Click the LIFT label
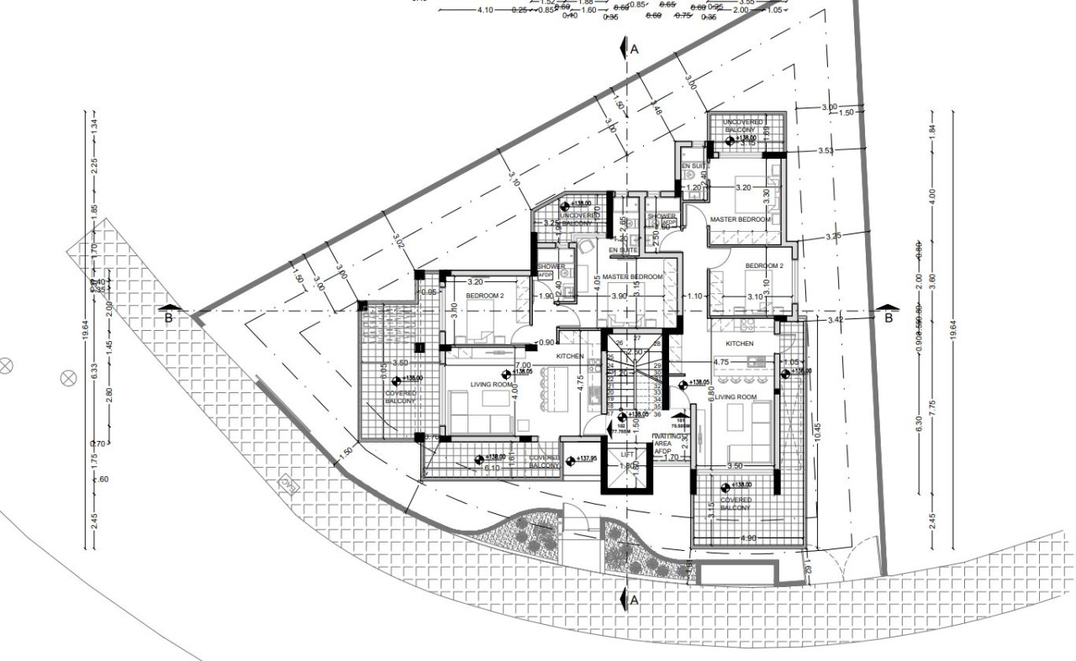pyautogui.click(x=627, y=454)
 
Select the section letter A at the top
pyautogui.click(x=635, y=50)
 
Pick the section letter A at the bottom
pyautogui.click(x=634, y=601)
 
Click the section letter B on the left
pyautogui.click(x=168, y=317)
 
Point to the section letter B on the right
pyautogui.click(x=887, y=317)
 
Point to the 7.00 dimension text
pyautogui.click(x=523, y=366)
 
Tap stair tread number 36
pyautogui.click(x=657, y=413)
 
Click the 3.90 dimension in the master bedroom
pyautogui.click(x=619, y=296)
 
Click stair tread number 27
pyautogui.click(x=636, y=338)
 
